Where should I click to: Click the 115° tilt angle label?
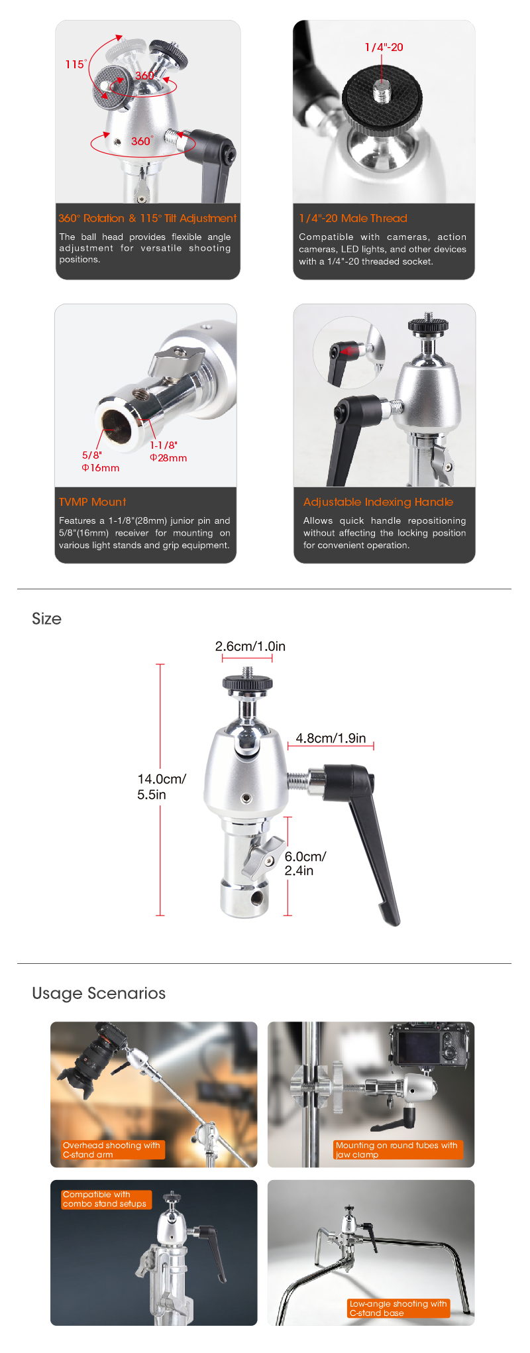pyautogui.click(x=76, y=64)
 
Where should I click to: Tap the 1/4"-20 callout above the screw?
pyautogui.click(x=384, y=47)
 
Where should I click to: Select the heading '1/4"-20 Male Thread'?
pyautogui.click(x=352, y=218)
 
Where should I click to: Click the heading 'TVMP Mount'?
pyautogui.click(x=92, y=502)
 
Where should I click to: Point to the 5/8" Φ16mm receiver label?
pyautogui.click(x=101, y=461)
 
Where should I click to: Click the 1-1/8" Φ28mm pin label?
pyautogui.click(x=168, y=451)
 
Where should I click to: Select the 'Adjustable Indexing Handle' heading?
pyautogui.click(x=378, y=502)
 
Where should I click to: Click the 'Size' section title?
pyautogui.click(x=46, y=618)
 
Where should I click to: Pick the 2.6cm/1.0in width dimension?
pyautogui.click(x=250, y=646)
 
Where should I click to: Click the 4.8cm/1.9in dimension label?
pyautogui.click(x=331, y=738)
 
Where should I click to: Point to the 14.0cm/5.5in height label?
pyautogui.click(x=162, y=787)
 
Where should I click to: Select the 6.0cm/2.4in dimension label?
pyautogui.click(x=305, y=864)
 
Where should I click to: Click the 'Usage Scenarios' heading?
pyautogui.click(x=99, y=993)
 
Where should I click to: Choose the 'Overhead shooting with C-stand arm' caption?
pyautogui.click(x=111, y=1149)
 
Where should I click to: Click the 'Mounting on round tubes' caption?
pyautogui.click(x=396, y=1149)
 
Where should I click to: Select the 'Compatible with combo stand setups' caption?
pyautogui.click(x=105, y=1199)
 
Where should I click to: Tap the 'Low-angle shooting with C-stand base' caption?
pyautogui.click(x=398, y=1308)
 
